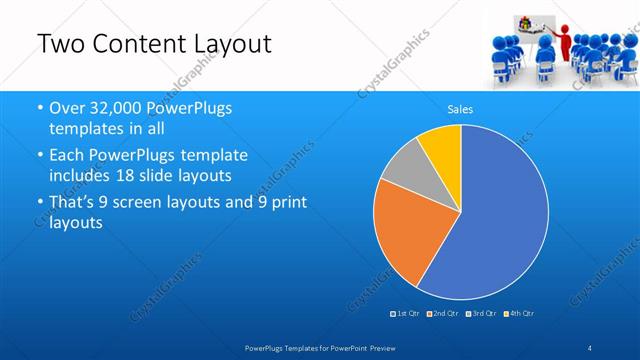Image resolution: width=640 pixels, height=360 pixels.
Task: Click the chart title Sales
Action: click(460, 109)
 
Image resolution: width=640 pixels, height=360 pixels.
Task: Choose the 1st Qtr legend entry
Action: click(405, 313)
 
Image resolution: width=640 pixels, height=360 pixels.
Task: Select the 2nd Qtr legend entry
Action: click(443, 313)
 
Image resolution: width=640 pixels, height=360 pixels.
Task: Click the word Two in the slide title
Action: click(61, 44)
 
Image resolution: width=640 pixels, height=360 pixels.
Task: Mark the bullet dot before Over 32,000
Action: click(39, 108)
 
